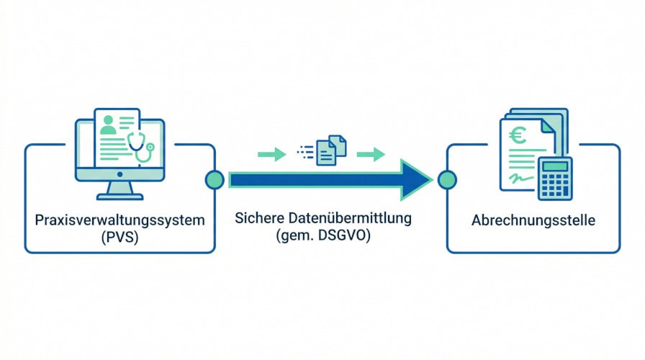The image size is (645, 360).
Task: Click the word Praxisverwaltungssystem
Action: [119, 220]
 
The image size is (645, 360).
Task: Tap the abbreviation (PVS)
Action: [119, 237]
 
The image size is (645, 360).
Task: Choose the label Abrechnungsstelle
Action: [533, 220]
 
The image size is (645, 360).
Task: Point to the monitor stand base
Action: [119, 195]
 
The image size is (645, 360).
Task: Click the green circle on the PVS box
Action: [215, 180]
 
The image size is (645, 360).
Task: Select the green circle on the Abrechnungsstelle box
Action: [446, 180]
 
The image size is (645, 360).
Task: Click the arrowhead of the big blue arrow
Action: [416, 179]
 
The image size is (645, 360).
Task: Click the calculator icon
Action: [554, 178]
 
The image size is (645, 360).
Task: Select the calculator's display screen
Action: [554, 166]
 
